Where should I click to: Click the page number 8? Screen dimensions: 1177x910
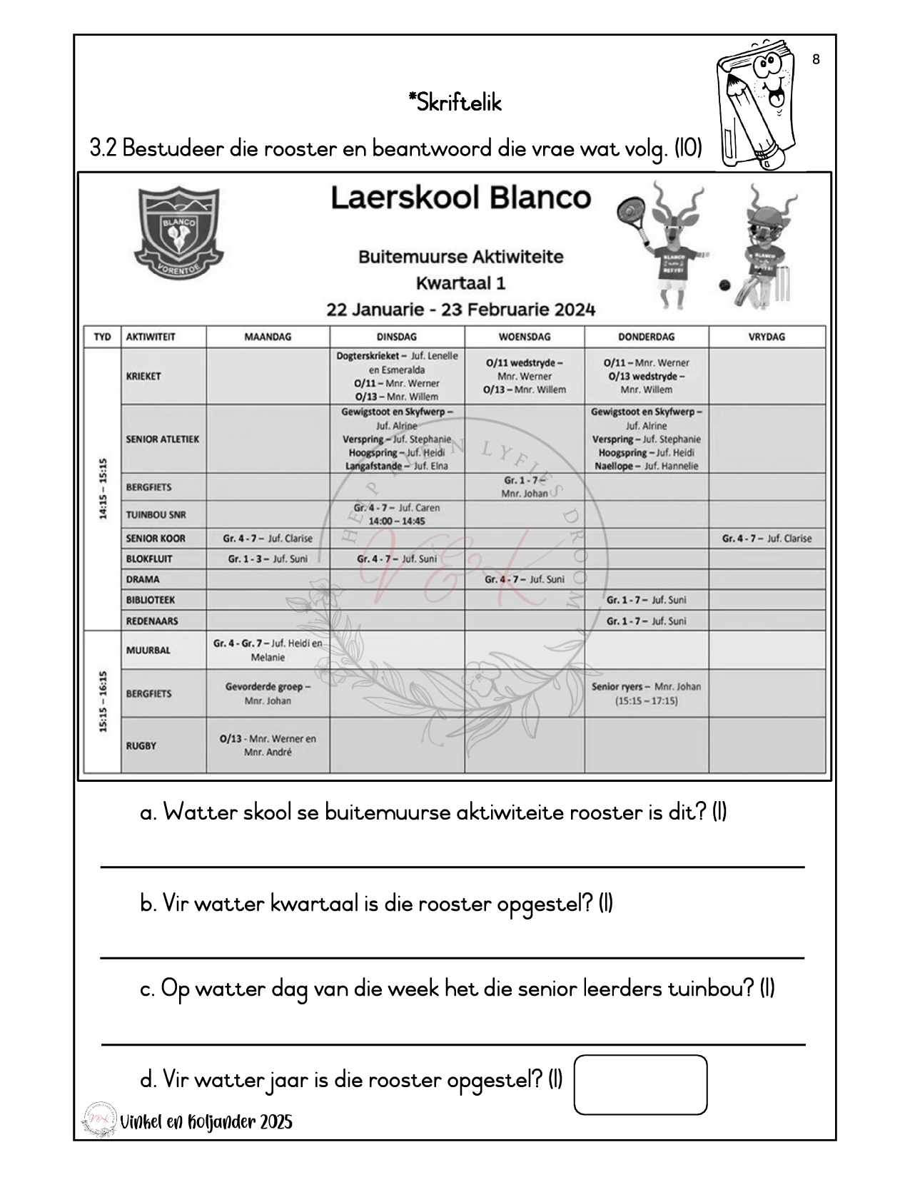coord(816,60)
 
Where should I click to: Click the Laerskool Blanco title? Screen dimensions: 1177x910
coord(461,198)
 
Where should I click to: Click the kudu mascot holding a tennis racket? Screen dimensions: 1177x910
coord(663,243)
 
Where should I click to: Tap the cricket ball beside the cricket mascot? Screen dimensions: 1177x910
coord(724,286)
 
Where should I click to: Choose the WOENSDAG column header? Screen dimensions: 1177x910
coord(524,337)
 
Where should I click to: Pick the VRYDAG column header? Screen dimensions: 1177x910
coord(767,337)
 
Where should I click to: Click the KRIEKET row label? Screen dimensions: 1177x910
coord(143,376)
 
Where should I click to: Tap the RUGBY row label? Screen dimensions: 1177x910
coord(141,745)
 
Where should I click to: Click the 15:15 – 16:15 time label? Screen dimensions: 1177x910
coord(103,701)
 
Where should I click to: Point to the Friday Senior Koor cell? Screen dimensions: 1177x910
coord(767,539)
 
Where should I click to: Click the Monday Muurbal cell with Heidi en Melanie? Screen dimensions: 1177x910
coord(268,650)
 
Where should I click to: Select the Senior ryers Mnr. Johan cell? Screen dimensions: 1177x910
coord(646,693)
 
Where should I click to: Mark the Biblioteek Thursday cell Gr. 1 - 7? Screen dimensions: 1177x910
coord(646,600)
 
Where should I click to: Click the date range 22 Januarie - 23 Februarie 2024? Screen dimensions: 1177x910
coord(460,310)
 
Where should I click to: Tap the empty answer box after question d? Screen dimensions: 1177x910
coord(640,1084)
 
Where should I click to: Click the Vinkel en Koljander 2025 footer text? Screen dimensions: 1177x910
coord(206,1122)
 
